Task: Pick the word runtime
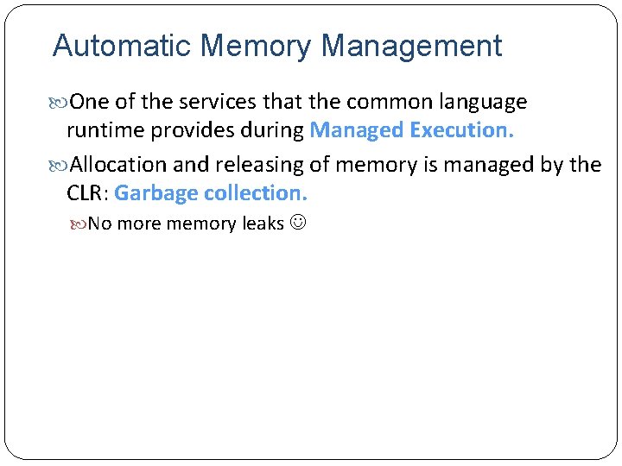105,130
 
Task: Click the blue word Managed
357,130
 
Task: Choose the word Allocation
118,164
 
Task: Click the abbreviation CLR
85,192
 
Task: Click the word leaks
263,224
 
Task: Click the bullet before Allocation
60,165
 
